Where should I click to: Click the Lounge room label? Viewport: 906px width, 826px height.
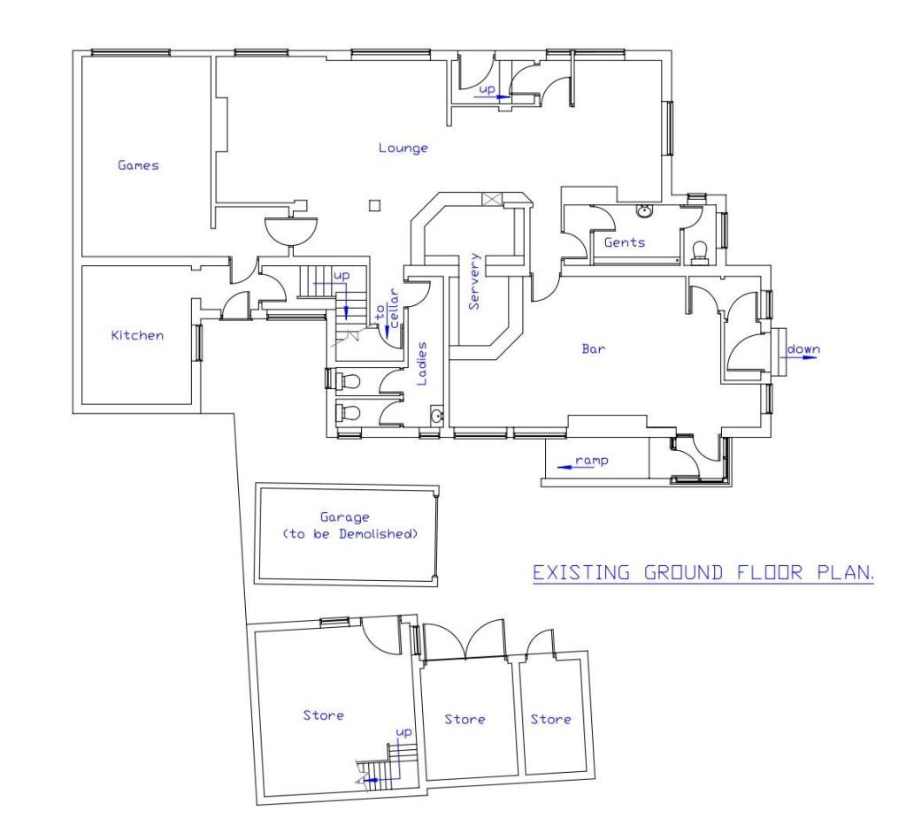click(x=403, y=148)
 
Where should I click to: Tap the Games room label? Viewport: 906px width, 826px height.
click(x=138, y=164)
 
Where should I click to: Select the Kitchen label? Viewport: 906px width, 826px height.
click(x=136, y=335)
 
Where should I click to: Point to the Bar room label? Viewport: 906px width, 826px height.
click(x=593, y=348)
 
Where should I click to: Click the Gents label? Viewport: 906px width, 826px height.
click(x=625, y=242)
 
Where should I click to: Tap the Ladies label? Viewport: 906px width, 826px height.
click(x=422, y=363)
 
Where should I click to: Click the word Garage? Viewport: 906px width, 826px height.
click(x=346, y=517)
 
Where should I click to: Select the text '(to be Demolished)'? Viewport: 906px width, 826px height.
click(x=348, y=534)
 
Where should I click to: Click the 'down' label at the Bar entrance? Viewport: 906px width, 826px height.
click(x=803, y=348)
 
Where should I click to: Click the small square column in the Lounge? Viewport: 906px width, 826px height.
click(x=375, y=206)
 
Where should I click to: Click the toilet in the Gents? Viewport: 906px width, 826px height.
click(x=700, y=252)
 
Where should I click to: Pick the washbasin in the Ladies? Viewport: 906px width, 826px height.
click(x=435, y=417)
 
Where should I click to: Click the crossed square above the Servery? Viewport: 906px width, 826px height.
click(x=491, y=199)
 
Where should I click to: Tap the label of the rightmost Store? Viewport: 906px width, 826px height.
click(x=550, y=719)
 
